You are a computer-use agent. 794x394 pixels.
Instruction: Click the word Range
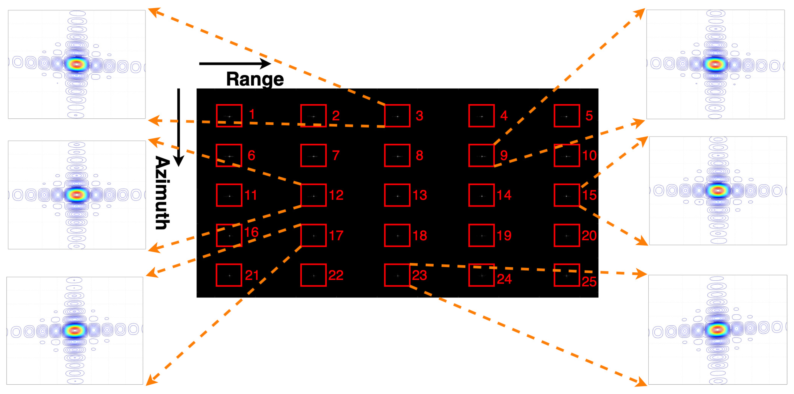click(x=255, y=79)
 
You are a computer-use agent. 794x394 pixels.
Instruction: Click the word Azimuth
click(x=162, y=193)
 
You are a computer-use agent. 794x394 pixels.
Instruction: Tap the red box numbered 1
click(x=229, y=116)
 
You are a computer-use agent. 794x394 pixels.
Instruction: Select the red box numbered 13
click(x=397, y=195)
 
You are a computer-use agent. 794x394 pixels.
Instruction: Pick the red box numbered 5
click(x=567, y=116)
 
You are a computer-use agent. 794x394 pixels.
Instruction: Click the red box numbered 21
click(x=229, y=275)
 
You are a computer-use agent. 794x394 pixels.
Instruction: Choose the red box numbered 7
click(x=313, y=155)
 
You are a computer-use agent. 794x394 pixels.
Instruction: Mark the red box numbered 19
click(x=481, y=235)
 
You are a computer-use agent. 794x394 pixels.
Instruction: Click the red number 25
click(x=589, y=281)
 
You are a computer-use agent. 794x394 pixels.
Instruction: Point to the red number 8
click(x=420, y=155)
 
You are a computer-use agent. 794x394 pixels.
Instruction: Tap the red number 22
click(x=336, y=275)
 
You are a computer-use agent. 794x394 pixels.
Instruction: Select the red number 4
click(x=504, y=116)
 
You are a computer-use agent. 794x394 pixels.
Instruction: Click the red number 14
click(x=504, y=195)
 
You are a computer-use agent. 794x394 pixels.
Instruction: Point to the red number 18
click(x=420, y=235)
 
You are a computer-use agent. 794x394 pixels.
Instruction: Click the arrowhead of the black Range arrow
click(x=266, y=64)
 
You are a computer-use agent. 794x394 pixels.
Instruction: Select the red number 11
click(x=251, y=195)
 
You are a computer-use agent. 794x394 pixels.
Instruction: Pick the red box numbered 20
click(x=567, y=235)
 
